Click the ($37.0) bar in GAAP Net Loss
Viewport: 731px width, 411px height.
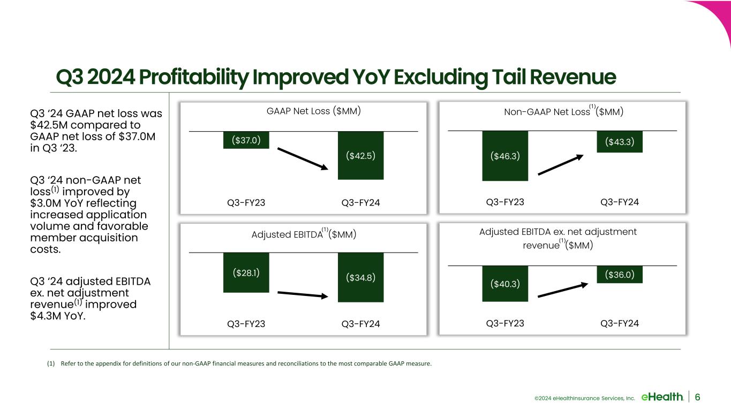coord(246,140)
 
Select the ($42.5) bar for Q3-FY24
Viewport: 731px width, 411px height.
coord(360,156)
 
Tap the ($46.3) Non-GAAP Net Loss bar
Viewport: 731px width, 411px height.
coord(505,156)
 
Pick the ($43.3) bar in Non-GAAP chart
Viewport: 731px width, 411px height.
coord(620,142)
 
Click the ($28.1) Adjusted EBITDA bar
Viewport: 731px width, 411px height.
coord(246,272)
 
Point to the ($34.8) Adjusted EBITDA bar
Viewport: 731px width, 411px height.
coord(360,277)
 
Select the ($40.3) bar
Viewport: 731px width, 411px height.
coord(505,284)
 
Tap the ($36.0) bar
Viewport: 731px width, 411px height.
coord(620,275)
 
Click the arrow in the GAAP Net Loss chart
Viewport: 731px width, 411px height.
coord(303,159)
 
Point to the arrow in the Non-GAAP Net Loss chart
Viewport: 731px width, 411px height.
coord(560,165)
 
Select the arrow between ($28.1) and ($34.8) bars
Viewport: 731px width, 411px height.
coord(303,294)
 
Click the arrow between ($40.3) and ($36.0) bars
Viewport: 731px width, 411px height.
coord(563,290)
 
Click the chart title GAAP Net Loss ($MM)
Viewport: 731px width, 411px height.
coord(314,111)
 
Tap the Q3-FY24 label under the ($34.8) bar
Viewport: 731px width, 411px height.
coord(360,324)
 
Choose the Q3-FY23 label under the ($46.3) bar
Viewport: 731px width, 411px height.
coord(505,202)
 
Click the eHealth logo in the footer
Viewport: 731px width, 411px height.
coord(662,397)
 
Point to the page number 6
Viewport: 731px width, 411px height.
coord(697,397)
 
